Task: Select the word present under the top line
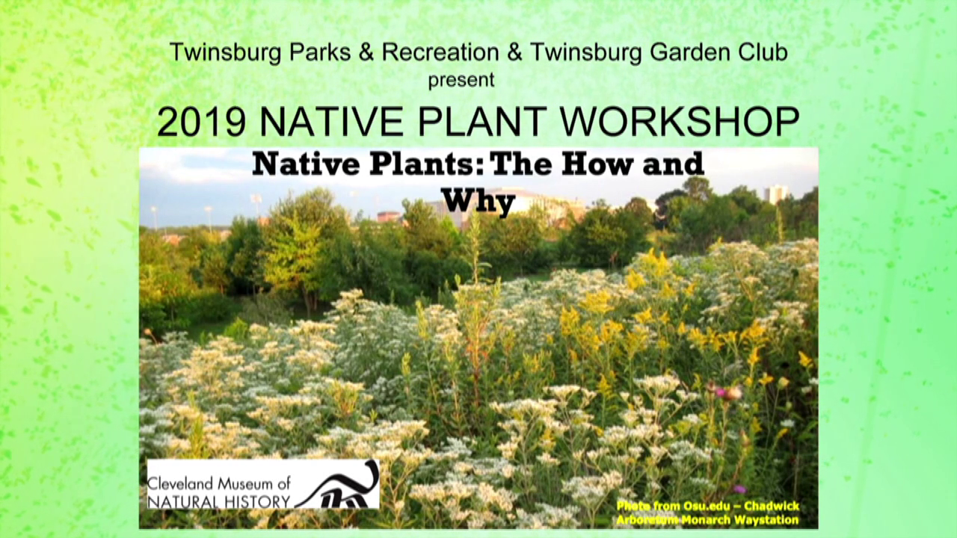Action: click(x=461, y=80)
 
